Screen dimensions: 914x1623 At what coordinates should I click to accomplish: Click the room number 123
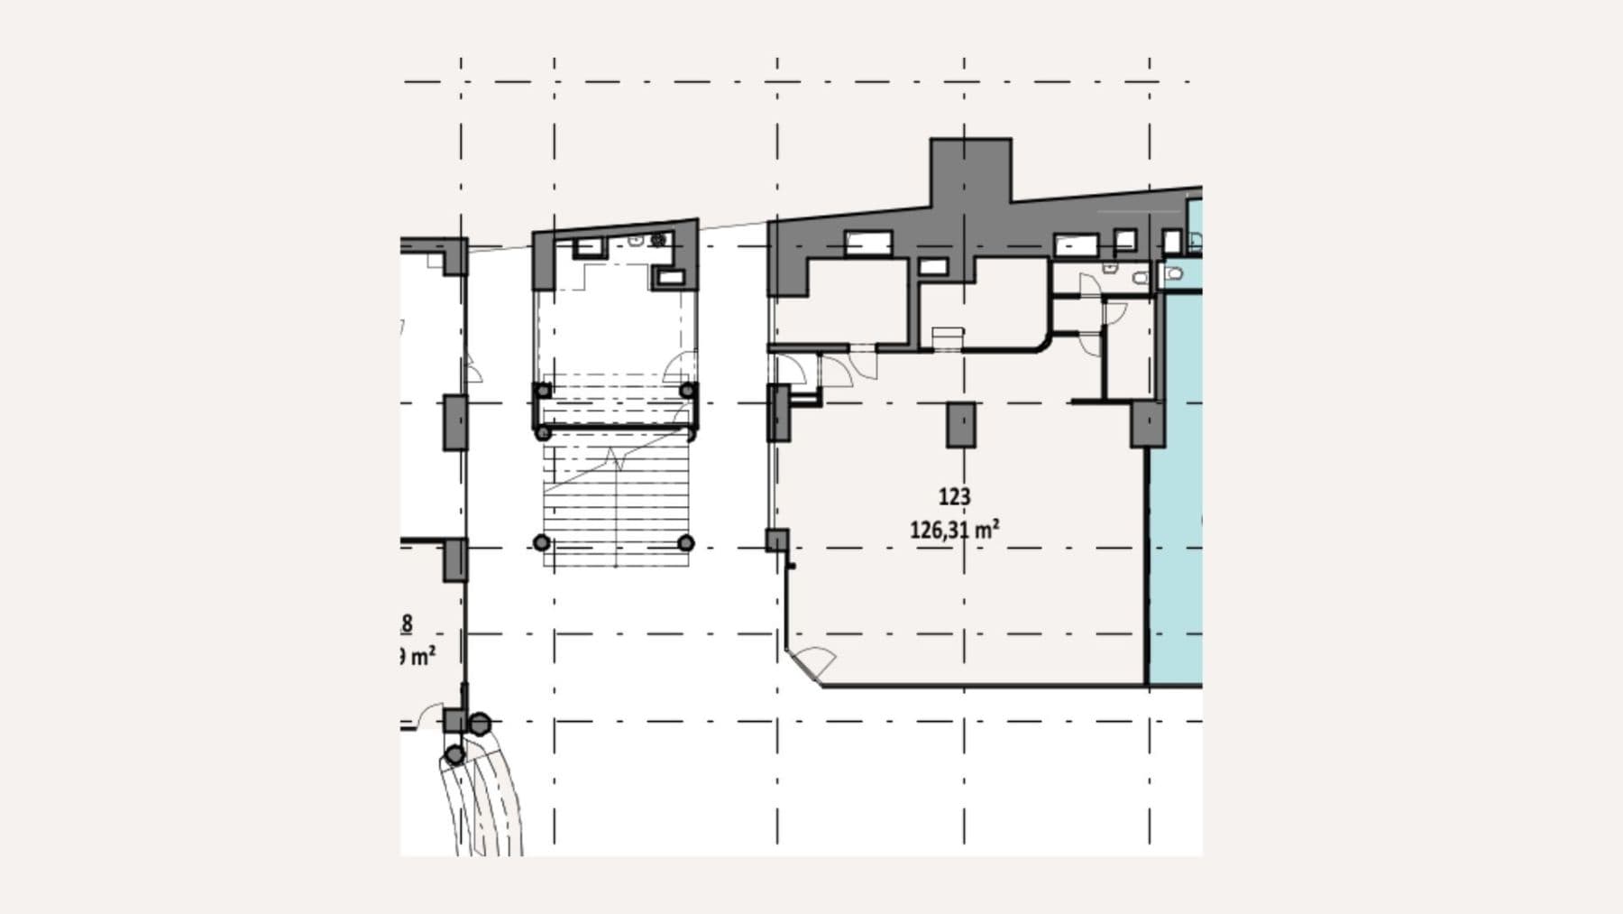[x=954, y=496]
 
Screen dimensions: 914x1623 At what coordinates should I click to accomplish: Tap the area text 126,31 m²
[x=954, y=530]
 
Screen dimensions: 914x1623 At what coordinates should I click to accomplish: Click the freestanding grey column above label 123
[x=960, y=425]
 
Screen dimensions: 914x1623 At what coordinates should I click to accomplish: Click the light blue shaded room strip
[x=1176, y=541]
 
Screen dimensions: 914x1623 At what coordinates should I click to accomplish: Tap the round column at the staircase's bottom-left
[x=541, y=542]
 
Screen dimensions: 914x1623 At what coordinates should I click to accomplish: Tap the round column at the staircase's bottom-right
[x=685, y=542]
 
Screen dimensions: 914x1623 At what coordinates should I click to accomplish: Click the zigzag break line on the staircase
[x=618, y=460]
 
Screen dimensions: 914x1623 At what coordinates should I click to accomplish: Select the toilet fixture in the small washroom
[x=1140, y=278]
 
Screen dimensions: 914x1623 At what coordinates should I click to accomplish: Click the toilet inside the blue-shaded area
[x=1173, y=273]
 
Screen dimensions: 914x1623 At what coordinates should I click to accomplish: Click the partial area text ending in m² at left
[x=416, y=656]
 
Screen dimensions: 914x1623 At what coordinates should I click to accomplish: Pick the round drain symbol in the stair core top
[x=658, y=239]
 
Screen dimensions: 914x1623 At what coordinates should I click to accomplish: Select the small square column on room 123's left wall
[x=776, y=540]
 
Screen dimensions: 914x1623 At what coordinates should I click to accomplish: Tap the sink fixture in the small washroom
[x=1110, y=268]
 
